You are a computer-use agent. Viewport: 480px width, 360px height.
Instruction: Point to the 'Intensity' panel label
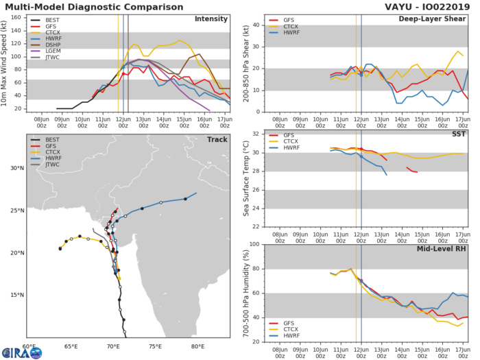coord(211,19)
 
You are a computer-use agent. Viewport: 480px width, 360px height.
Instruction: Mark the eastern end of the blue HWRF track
coord(196,193)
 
